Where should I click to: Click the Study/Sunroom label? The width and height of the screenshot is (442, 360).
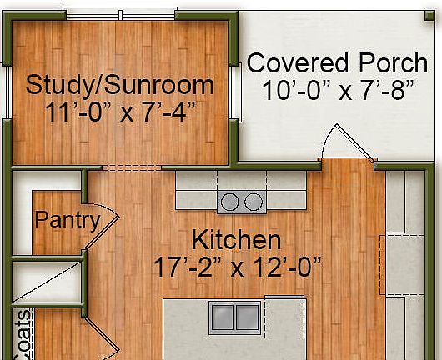point(119,84)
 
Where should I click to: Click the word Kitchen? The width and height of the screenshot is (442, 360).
point(236,240)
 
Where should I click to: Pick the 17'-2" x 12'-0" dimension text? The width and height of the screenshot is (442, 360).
point(237,267)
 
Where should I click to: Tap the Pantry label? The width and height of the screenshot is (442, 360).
point(67,220)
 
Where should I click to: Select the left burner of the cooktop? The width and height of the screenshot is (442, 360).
point(229,201)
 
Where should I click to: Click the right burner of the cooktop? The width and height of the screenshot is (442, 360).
point(253,201)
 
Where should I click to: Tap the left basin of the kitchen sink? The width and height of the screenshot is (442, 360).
point(223,317)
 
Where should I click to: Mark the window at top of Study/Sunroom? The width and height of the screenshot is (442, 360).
point(120,15)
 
